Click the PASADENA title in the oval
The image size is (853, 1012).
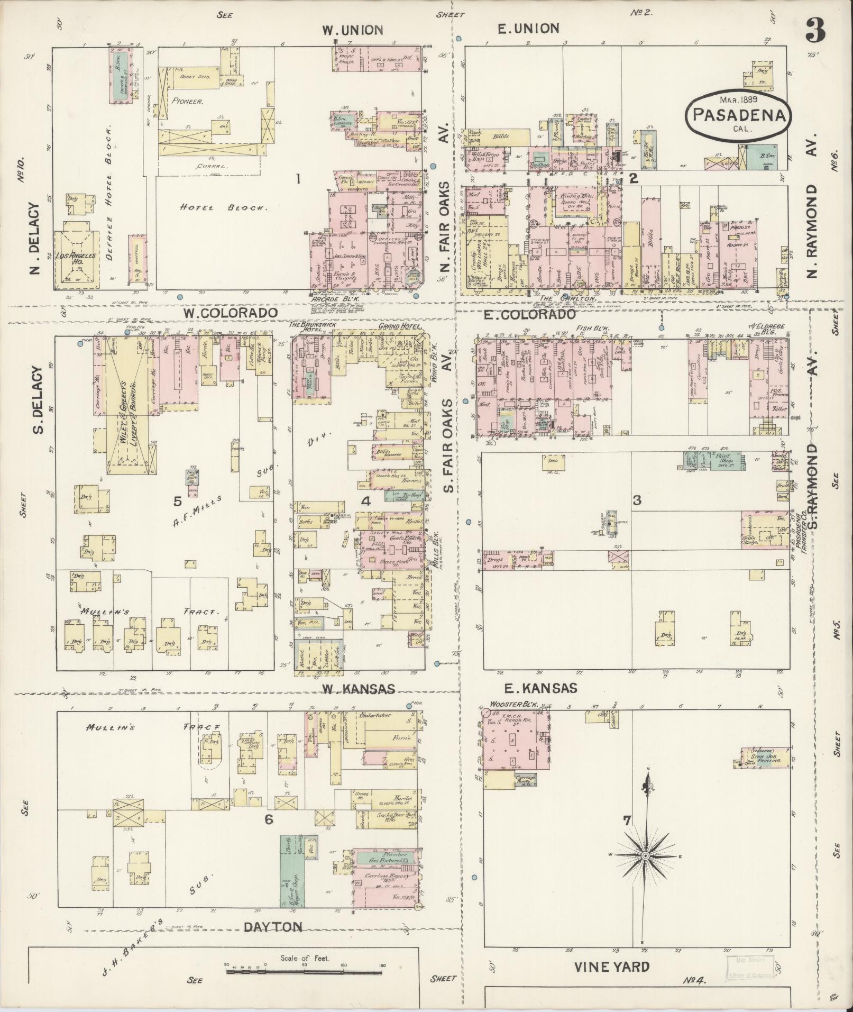coord(738,114)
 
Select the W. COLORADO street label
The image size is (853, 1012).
coord(231,313)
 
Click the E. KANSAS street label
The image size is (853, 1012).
coord(545,688)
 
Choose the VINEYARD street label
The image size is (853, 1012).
coord(612,967)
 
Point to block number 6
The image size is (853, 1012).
coord(269,819)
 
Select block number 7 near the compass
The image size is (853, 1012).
coord(627,820)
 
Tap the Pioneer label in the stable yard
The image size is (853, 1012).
coord(187,101)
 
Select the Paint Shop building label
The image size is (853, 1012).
coord(723,458)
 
